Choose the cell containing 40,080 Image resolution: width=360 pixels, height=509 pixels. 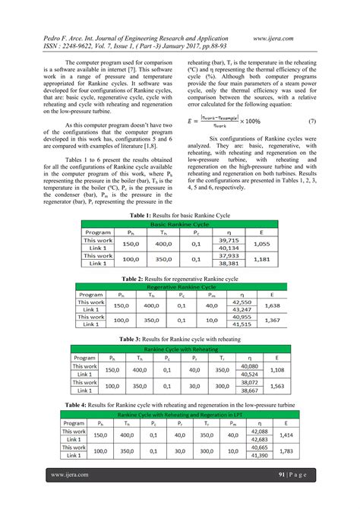pyautogui.click(x=248, y=366)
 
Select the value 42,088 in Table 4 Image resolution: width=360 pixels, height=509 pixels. pyautogui.click(x=258, y=432)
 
